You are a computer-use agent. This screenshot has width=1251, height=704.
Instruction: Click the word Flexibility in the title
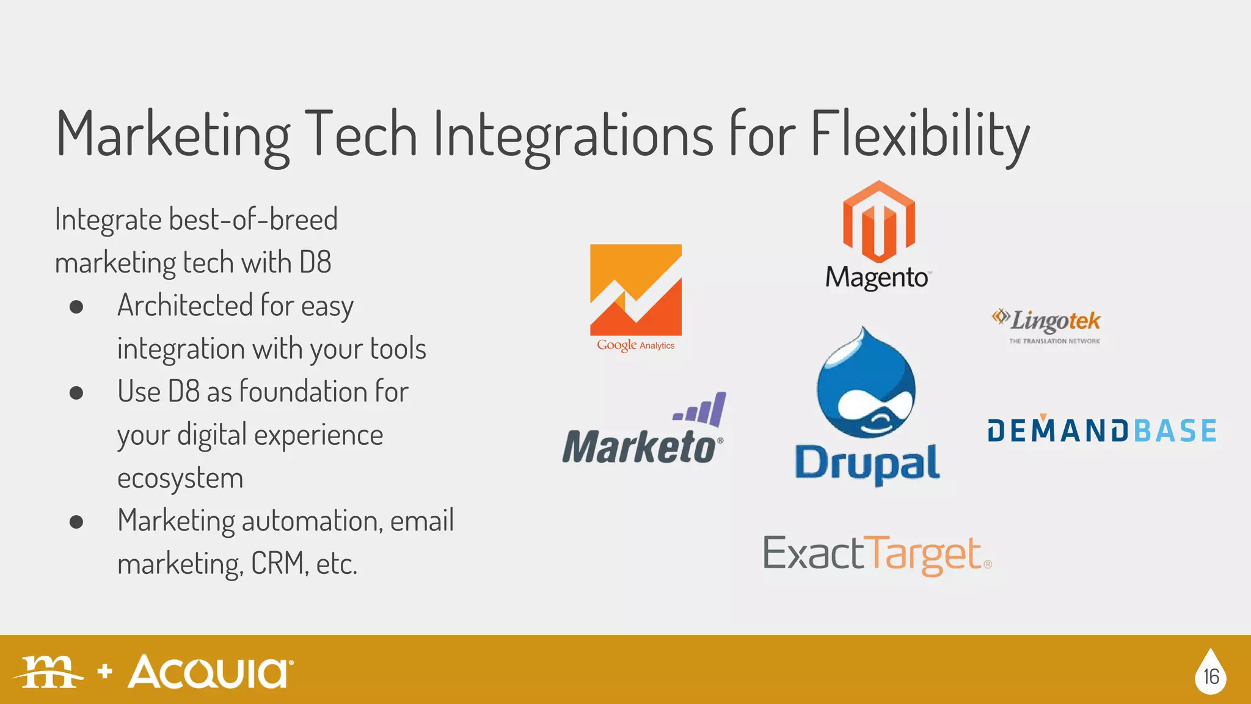click(919, 134)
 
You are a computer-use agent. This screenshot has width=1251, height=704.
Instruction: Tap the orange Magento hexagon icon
click(878, 221)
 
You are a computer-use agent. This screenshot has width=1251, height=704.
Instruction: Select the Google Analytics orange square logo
click(635, 290)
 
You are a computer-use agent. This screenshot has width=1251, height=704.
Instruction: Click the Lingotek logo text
click(1054, 321)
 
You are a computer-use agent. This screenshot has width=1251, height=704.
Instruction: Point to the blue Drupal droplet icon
click(866, 385)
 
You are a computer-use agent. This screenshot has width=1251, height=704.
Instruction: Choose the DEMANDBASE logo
click(1102, 431)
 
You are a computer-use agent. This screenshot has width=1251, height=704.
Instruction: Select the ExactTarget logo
click(876, 554)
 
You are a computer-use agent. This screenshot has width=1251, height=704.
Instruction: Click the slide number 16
click(1211, 676)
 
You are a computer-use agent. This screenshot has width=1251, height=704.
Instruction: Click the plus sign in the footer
click(105, 671)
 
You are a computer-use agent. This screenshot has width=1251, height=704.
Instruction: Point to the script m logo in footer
click(49, 672)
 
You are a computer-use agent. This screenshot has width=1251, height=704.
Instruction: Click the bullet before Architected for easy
click(76, 306)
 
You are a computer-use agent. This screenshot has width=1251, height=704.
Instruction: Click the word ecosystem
click(180, 478)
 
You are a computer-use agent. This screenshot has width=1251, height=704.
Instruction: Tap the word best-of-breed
click(253, 219)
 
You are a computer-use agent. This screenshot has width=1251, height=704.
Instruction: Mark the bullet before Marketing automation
click(76, 522)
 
